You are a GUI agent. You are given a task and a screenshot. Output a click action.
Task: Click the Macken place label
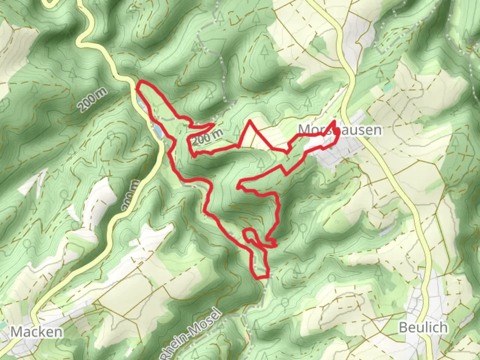click(37, 332)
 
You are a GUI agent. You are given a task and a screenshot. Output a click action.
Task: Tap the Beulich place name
click(423, 327)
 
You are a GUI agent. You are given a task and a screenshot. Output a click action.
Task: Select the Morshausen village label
click(340, 129)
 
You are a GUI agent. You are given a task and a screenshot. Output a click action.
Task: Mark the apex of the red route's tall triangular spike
click(250, 120)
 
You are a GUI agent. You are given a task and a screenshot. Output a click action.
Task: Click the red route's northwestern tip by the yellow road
click(138, 87)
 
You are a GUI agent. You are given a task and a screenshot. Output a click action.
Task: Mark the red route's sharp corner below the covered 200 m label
click(193, 155)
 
